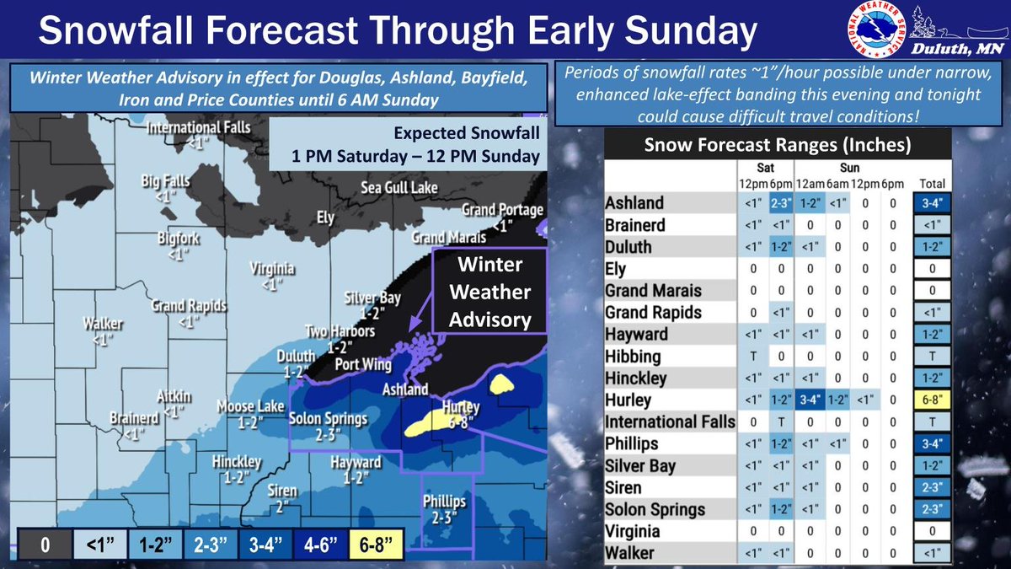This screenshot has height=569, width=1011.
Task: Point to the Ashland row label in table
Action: (634, 203)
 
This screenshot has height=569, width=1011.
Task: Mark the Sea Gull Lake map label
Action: (400, 187)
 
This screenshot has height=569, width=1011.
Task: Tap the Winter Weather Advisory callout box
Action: (489, 293)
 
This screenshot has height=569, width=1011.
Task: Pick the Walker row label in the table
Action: (630, 553)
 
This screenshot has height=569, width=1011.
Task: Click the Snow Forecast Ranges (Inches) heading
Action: (777, 144)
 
